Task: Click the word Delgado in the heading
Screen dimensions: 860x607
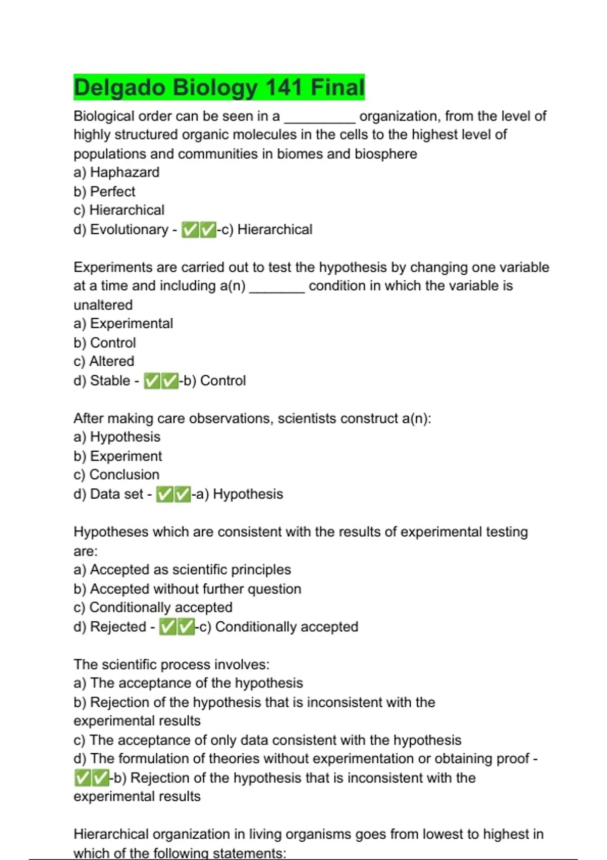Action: (119, 88)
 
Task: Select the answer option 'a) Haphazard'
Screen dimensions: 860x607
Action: (116, 173)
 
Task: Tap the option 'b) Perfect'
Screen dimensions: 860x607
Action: (104, 192)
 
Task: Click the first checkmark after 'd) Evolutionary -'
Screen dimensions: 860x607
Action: (190, 230)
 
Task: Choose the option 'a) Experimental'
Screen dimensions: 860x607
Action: (123, 324)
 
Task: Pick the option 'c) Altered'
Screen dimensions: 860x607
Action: (104, 362)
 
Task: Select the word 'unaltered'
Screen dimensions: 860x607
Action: (103, 305)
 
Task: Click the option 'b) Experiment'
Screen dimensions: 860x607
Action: (117, 456)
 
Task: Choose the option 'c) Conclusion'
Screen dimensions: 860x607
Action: (116, 475)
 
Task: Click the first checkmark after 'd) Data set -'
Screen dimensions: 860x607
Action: (164, 494)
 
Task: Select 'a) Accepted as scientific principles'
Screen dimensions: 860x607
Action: (182, 570)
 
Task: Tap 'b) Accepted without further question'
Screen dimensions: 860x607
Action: (187, 589)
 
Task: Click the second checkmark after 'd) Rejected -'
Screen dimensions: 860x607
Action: (186, 627)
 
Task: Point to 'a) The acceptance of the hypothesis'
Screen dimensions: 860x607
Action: (188, 683)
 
